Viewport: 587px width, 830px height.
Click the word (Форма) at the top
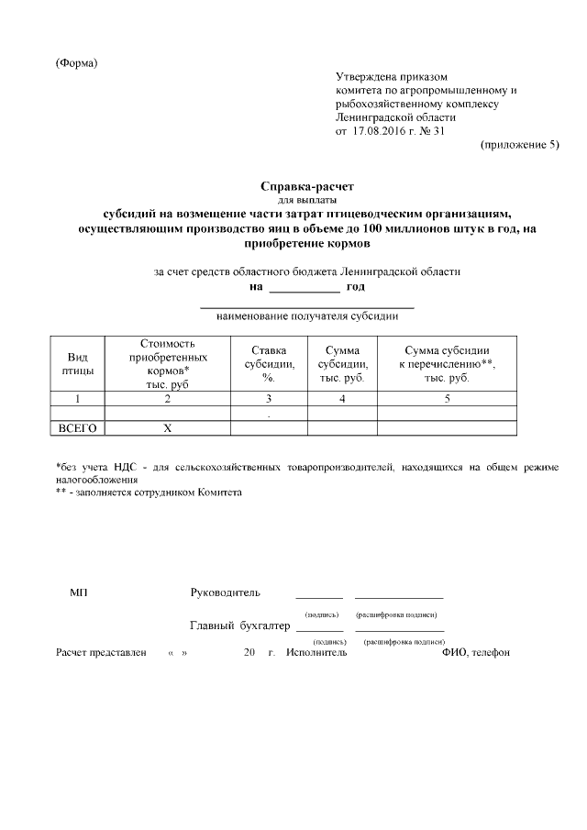click(76, 63)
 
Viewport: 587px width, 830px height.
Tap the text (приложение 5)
click(518, 145)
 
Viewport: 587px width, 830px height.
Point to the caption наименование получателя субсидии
click(306, 316)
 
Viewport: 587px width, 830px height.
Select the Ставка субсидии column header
click(268, 364)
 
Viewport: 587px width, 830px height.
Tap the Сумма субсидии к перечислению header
click(447, 364)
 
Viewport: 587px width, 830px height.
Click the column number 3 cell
click(268, 398)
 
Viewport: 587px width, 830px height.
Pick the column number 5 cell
click(447, 398)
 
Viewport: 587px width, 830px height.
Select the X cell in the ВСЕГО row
click(167, 428)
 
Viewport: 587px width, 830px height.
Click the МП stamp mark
click(79, 592)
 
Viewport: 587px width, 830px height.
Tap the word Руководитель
click(225, 592)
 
